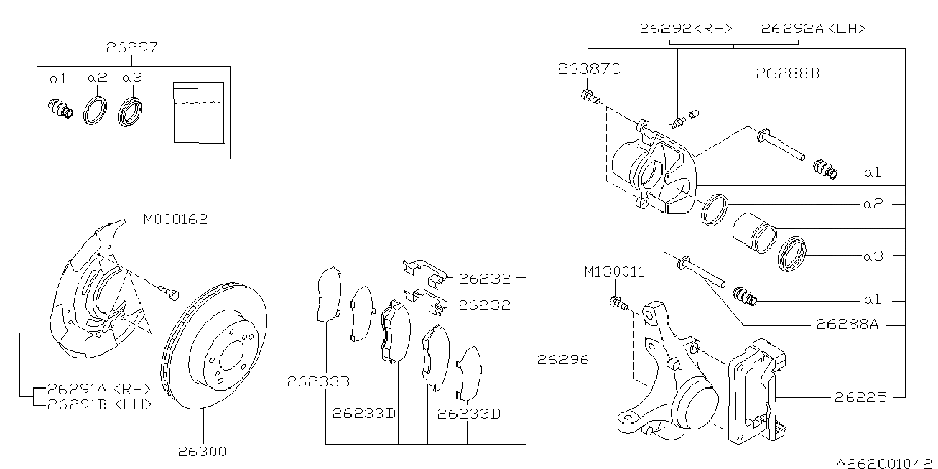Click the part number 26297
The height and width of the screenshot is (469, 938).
tap(132, 48)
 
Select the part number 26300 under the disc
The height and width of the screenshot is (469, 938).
tap(202, 452)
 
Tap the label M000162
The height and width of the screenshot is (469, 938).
tap(175, 219)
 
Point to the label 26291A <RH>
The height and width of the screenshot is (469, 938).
tap(99, 389)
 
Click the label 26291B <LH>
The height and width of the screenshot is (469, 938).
tap(99, 404)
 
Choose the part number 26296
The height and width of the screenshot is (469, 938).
tap(562, 359)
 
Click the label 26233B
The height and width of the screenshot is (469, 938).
tap(318, 381)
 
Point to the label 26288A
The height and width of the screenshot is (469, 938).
tap(848, 324)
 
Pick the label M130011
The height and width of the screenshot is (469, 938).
tap(613, 272)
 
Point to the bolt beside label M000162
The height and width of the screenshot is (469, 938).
tap(170, 292)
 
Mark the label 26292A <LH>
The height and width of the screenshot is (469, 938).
tap(813, 29)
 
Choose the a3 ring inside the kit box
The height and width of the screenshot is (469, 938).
tap(131, 110)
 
